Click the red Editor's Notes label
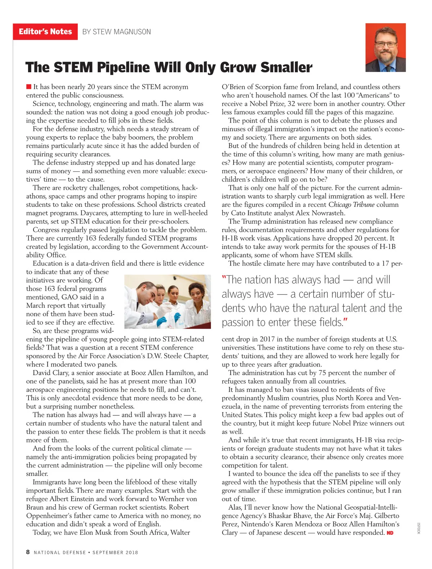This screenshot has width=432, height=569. click(45, 32)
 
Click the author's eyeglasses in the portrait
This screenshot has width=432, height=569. click(386, 45)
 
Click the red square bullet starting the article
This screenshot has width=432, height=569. click(29, 87)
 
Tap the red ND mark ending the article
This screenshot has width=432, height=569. click(390, 533)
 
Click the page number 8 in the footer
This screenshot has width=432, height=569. click(28, 552)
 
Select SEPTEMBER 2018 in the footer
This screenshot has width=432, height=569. click(115, 552)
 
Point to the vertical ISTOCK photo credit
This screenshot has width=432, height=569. click(419, 528)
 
